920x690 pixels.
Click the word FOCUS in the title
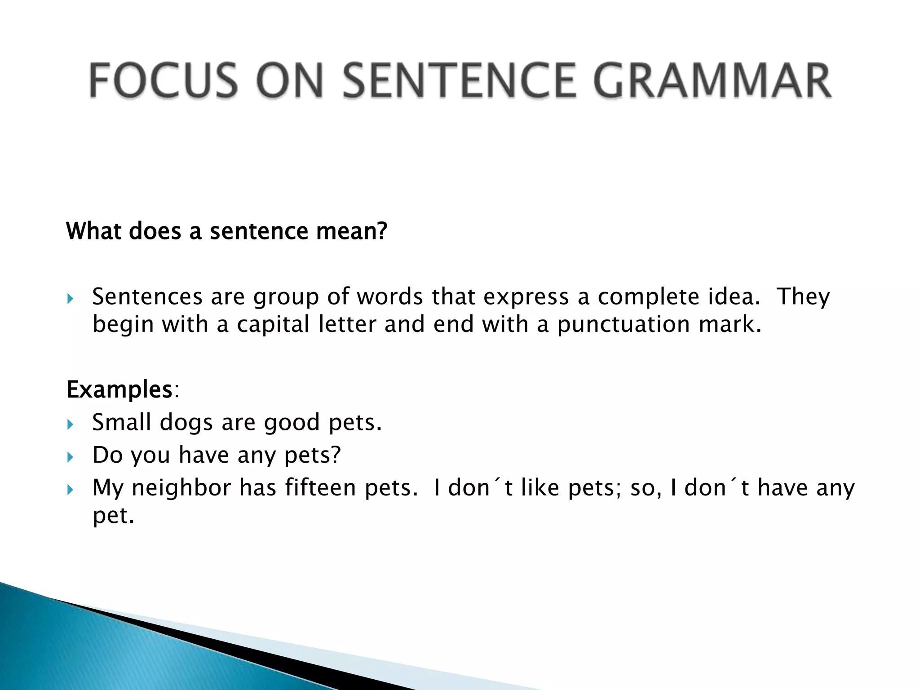163,81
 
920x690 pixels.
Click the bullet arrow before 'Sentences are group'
70,299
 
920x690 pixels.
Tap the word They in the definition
803,297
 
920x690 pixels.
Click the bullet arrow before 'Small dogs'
70,424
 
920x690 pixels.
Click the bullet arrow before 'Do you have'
70,457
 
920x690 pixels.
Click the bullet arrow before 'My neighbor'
70,490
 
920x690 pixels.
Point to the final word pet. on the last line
113,516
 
